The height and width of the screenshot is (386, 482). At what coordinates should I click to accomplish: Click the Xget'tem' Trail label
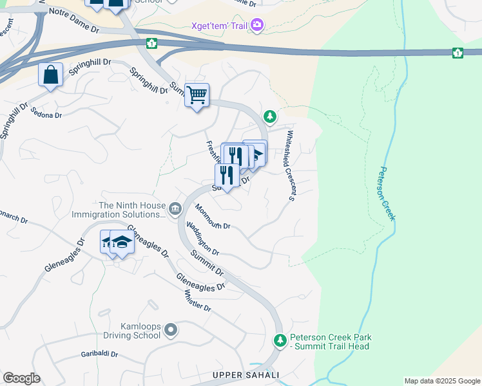click(220, 26)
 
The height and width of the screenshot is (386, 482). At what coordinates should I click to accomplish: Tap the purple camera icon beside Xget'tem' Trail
click(257, 25)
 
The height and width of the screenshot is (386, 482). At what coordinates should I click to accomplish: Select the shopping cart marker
click(197, 95)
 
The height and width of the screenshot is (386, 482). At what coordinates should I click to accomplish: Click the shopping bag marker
click(50, 75)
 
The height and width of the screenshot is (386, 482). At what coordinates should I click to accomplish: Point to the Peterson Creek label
click(385, 194)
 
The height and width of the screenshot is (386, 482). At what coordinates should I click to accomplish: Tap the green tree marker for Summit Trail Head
click(279, 340)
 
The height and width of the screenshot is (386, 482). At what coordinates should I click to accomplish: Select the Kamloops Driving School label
click(131, 331)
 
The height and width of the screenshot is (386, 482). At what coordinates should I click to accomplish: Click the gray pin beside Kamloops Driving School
click(170, 331)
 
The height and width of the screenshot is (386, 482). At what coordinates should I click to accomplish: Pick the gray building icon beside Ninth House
click(175, 208)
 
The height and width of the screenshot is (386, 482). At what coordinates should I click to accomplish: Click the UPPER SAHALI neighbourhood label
click(246, 375)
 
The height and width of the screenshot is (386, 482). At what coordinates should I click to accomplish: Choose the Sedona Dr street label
click(46, 112)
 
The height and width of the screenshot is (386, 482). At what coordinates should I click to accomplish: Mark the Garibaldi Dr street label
click(101, 354)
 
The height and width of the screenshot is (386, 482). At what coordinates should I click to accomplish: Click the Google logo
click(21, 378)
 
